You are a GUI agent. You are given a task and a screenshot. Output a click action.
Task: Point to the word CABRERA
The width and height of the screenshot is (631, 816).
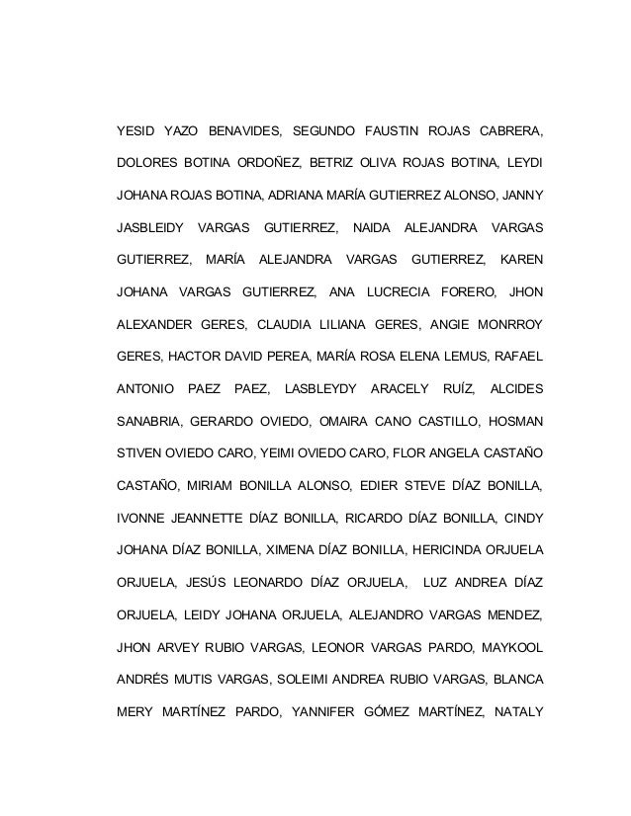511,130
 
